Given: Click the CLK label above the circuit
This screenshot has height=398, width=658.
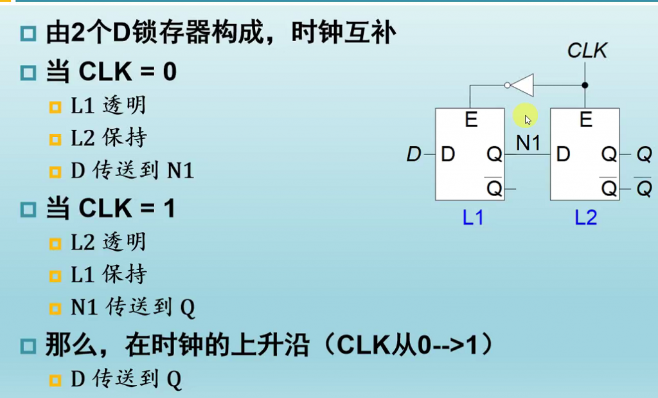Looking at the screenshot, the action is tap(587, 51).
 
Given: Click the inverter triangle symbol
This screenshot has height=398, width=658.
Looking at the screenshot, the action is tap(523, 85).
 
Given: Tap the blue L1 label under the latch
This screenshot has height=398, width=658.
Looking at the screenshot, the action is tap(473, 218).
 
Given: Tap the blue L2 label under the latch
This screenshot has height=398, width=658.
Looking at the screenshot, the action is tap(585, 218).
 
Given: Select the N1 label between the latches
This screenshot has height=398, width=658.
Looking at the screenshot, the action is tap(528, 143).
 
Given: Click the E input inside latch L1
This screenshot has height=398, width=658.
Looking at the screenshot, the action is tap(471, 120).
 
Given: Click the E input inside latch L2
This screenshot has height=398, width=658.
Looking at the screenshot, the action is tap(585, 120).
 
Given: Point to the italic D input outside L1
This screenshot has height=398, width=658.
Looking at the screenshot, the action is tap(414, 154).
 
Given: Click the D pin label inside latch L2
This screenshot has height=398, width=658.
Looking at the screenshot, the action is tap(563, 154).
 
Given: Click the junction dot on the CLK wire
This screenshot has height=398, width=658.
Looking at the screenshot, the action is tap(585, 85).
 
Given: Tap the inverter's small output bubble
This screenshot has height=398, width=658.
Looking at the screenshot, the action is tap(508, 85).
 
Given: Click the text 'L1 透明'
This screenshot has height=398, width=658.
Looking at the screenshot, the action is tap(109, 105).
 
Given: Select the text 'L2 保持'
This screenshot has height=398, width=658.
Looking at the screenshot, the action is tap(109, 138).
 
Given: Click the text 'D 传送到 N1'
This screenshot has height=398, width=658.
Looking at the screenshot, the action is tap(132, 170).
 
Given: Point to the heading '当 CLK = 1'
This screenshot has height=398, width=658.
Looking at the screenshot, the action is tap(111, 209).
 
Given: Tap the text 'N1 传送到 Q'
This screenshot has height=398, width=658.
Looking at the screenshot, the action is tap(132, 308).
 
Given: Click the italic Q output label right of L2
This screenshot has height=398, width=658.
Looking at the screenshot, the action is tap(643, 154).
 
